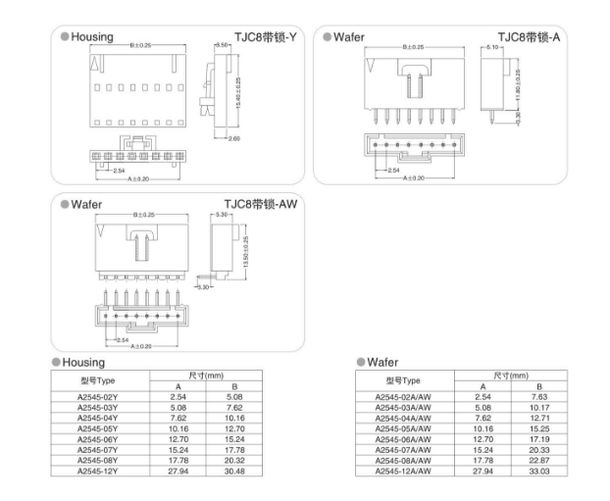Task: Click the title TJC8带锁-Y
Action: [258, 37]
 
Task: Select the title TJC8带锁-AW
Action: [260, 204]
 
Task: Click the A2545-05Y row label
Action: [98, 427]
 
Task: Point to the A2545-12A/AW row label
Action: [402, 471]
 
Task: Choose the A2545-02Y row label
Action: [98, 395]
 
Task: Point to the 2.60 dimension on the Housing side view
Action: [234, 138]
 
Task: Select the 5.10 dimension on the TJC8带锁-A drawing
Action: [492, 47]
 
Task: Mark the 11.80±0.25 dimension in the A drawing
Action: [517, 82]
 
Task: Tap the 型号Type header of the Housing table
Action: [98, 379]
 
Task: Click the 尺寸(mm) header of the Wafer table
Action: [510, 375]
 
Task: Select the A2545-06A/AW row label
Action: [402, 438]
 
